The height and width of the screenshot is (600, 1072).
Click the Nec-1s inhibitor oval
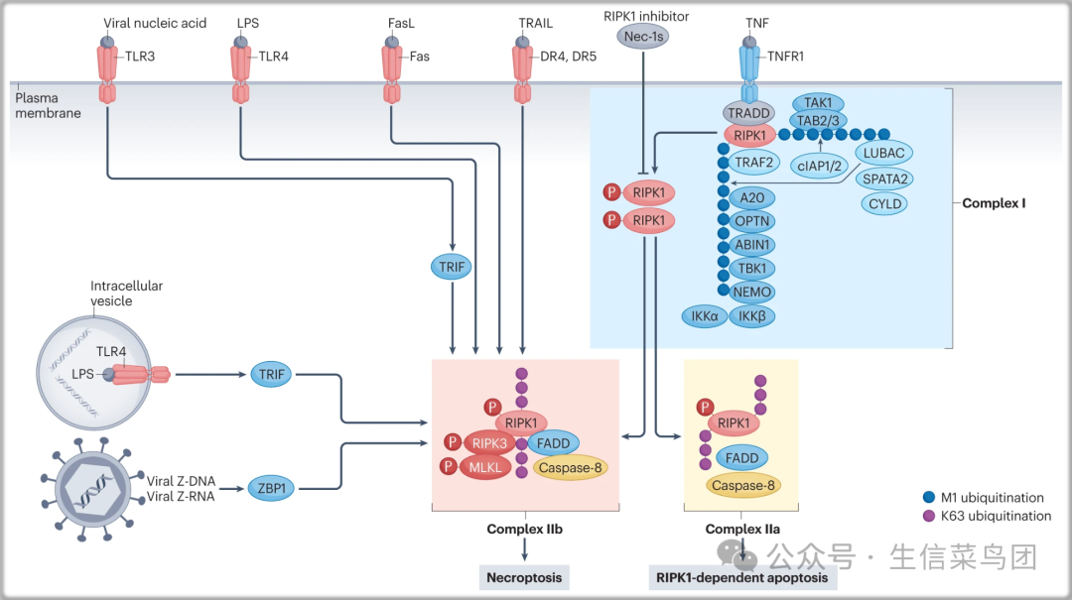pos(645,37)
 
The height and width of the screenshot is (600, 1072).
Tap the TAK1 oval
pos(818,102)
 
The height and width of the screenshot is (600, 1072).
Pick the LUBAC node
pos(883,153)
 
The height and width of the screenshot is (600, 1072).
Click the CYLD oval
pos(884,203)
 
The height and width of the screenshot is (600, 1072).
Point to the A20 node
pos(751,197)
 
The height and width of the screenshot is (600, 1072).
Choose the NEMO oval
pos(751,292)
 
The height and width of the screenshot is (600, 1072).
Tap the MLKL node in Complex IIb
pos(485,466)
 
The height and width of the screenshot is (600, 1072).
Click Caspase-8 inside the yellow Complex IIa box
pos(742,485)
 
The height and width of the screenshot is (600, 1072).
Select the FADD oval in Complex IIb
pos(553,443)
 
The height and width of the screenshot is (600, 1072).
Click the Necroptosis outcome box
pos(524,577)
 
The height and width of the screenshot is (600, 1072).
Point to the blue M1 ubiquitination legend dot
pos(930,498)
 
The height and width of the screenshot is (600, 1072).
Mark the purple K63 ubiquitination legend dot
pos(930,516)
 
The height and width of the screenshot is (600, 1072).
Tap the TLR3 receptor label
pos(140,57)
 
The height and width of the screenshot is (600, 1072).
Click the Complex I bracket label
pos(994,203)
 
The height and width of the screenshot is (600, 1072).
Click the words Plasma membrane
pos(48,105)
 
